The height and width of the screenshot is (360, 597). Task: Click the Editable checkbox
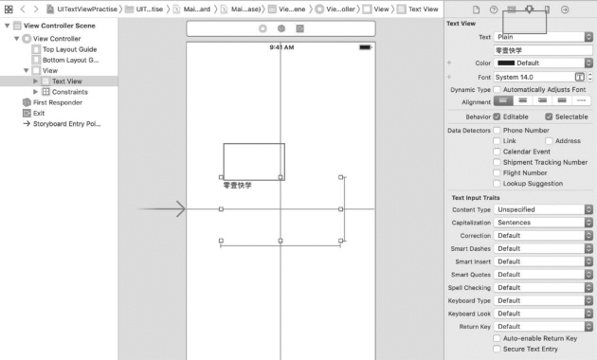[497, 117]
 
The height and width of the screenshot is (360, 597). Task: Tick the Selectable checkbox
[549, 117]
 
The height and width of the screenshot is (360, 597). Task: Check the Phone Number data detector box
[497, 130]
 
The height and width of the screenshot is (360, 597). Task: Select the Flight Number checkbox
[497, 172]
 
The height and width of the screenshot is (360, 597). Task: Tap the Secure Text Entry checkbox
[497, 349]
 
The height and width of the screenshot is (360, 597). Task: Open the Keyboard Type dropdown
[543, 300]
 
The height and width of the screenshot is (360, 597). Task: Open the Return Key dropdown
[543, 327]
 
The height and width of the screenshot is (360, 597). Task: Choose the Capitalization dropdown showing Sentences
[543, 223]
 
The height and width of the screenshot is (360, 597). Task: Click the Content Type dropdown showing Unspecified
[543, 209]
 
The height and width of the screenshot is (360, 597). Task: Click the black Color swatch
[506, 63]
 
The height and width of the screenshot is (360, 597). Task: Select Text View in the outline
[67, 81]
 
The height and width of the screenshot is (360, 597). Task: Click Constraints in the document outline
[70, 92]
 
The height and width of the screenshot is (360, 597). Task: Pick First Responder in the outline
[58, 102]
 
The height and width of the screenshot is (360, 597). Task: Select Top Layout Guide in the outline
[70, 49]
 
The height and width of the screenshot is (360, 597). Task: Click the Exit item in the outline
[39, 114]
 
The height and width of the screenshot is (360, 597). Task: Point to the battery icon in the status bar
[365, 47]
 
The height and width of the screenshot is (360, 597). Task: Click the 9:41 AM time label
[281, 47]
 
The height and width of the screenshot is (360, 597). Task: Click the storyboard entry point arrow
[161, 209]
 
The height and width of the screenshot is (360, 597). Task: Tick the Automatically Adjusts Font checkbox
[497, 89]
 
